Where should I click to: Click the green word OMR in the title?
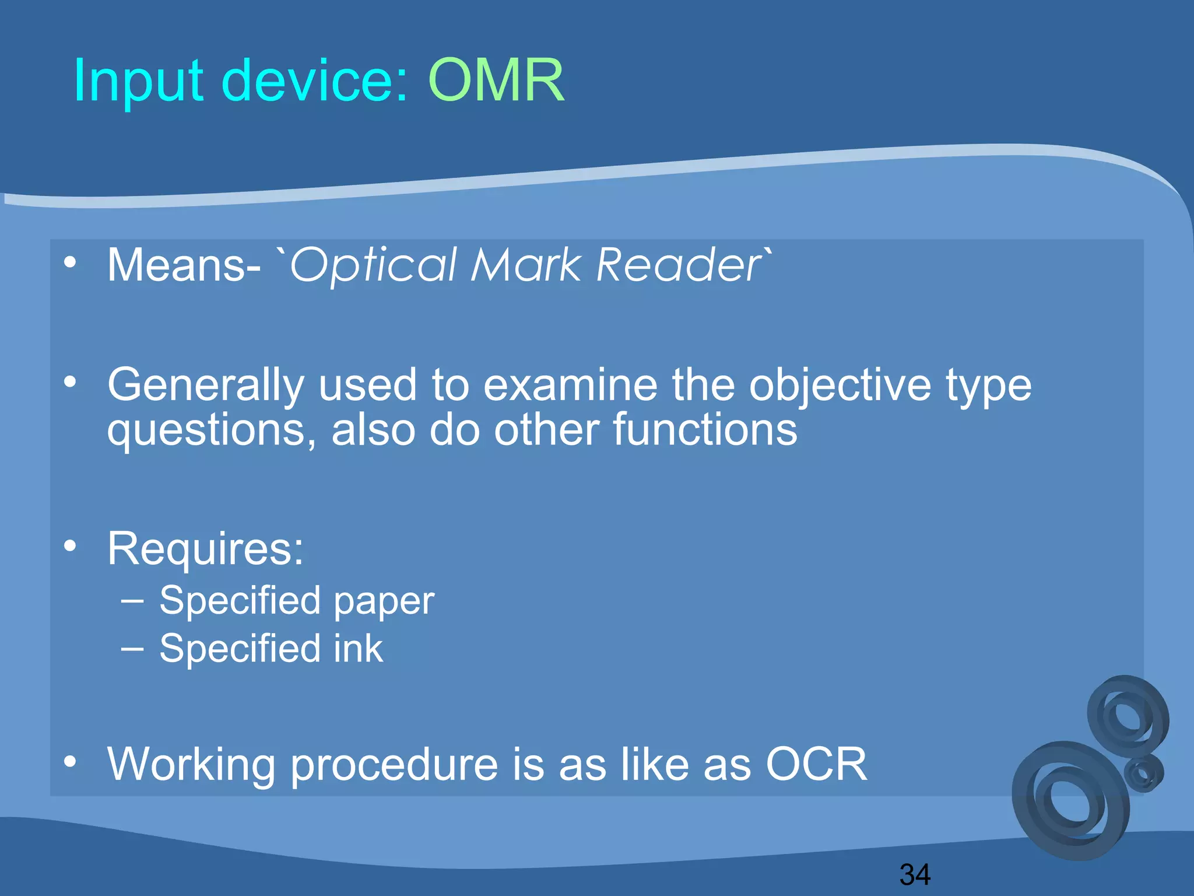point(496,80)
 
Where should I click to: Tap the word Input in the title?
point(138,82)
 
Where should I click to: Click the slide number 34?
point(915,874)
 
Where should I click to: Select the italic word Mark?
point(526,265)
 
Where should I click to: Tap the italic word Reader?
point(679,265)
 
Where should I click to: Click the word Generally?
point(205,386)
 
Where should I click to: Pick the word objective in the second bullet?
point(840,386)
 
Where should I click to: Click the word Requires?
point(205,549)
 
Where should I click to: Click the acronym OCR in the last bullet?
point(816,764)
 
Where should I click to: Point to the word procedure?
point(394,765)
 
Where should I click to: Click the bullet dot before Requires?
point(70,547)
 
